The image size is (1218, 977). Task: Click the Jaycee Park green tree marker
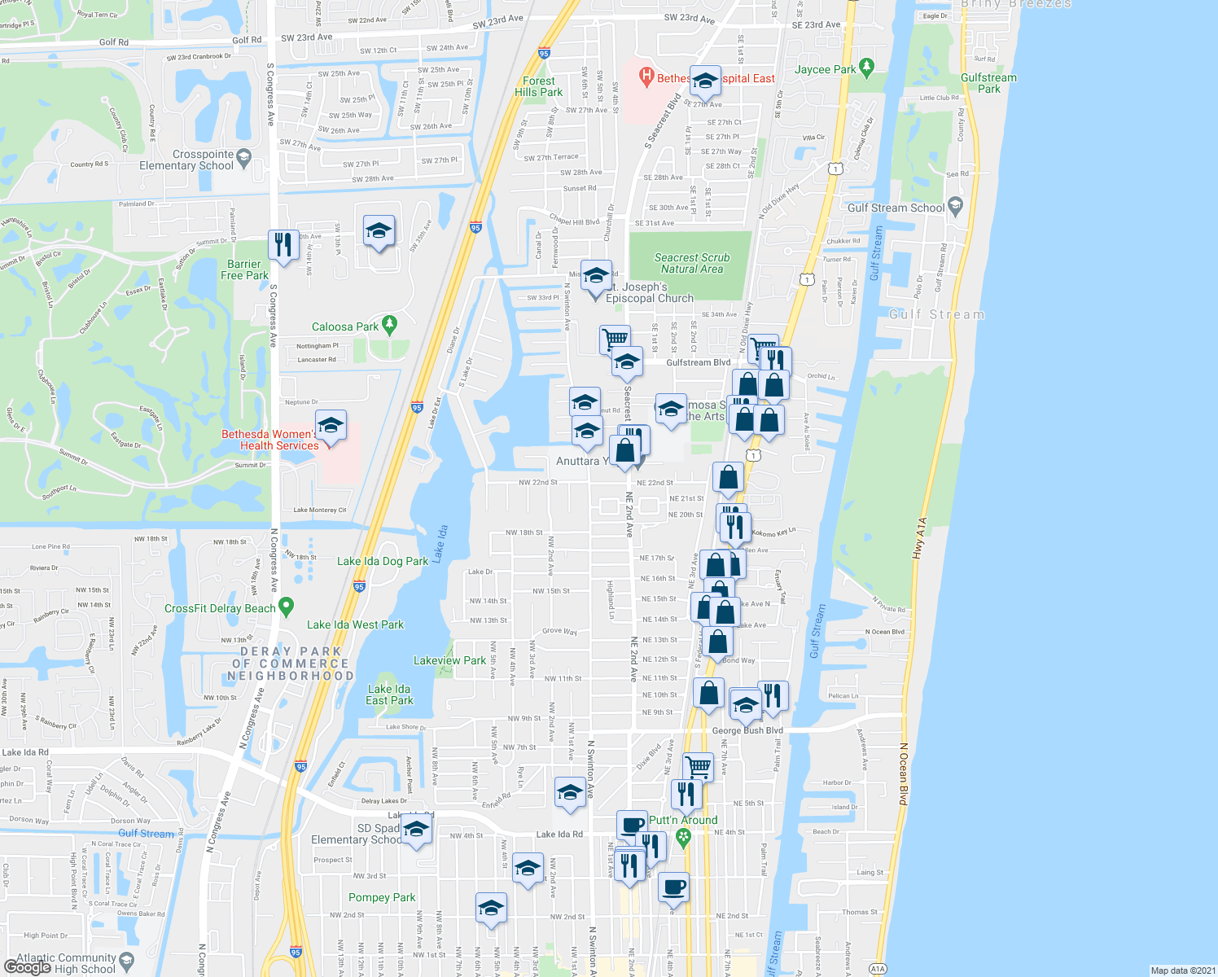click(866, 68)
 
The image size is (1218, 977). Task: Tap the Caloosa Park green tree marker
click(389, 325)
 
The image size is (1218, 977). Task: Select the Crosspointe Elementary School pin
click(243, 156)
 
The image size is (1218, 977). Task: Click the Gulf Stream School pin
click(956, 206)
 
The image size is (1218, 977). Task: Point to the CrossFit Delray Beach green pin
click(286, 607)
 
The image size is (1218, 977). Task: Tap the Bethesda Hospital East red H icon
click(646, 77)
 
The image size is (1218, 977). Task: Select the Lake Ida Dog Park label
click(383, 561)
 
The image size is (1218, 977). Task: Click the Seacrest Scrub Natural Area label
click(692, 263)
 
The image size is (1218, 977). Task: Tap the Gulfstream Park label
click(988, 83)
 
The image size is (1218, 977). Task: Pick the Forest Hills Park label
click(539, 86)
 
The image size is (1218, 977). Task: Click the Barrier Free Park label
click(244, 269)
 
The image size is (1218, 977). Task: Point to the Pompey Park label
click(382, 897)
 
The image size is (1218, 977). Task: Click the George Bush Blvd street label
click(747, 730)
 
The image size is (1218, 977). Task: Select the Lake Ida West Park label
click(355, 624)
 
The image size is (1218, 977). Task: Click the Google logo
click(28, 966)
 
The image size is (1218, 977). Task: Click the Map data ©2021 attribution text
click(1182, 970)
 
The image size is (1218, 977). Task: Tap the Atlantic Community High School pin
click(127, 960)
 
